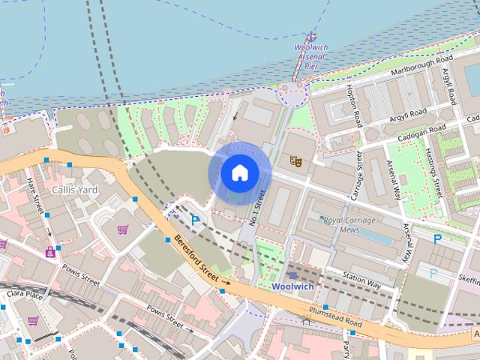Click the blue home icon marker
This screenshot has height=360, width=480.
(x=239, y=173)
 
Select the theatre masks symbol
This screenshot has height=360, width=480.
(x=295, y=160)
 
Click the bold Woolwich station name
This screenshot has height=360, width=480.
(x=292, y=286)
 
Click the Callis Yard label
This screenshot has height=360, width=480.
(x=75, y=190)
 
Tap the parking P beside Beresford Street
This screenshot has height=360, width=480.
(x=196, y=220)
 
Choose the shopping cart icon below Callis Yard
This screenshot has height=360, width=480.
(x=122, y=229)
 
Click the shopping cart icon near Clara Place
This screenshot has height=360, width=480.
(x=33, y=321)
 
